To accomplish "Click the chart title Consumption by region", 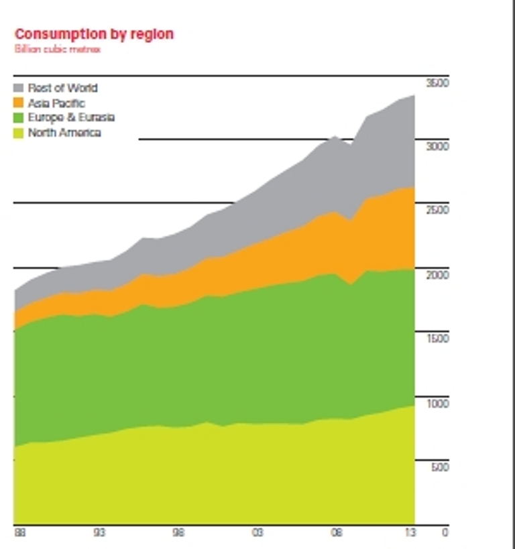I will [94, 34].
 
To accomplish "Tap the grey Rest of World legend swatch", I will [19, 88].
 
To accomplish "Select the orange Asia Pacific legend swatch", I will [19, 103].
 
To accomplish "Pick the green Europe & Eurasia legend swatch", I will [19, 117].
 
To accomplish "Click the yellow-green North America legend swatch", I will [19, 133].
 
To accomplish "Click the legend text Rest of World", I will [62, 88].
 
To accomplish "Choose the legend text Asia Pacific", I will [56, 103].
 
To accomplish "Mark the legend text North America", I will [64, 133].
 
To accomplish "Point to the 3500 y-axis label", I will [437, 82].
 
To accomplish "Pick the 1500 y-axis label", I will [437, 339].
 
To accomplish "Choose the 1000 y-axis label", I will [437, 404].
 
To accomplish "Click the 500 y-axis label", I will [439, 467].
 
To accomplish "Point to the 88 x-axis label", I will [19, 533].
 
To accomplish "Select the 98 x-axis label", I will [178, 533].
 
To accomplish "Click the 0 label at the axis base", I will [444, 533].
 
